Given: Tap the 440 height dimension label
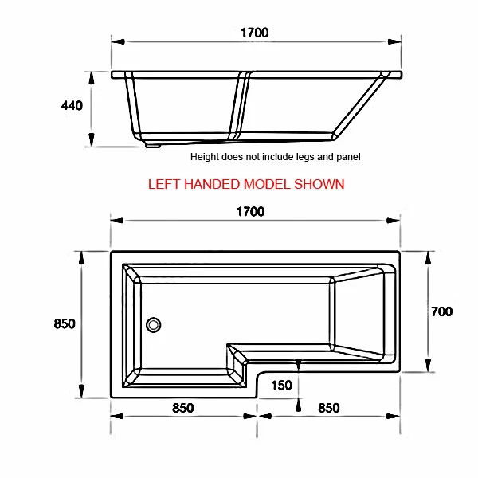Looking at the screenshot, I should tap(72, 106).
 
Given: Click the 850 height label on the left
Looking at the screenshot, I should tap(65, 323).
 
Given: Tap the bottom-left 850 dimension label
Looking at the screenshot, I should tap(182, 408).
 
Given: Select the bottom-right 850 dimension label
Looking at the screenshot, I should tap(328, 408).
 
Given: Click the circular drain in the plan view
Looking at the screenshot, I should tap(154, 324).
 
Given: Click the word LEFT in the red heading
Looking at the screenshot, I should tap(164, 184).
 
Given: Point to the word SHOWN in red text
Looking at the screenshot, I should tap(319, 184).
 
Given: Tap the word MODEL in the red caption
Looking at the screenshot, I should tap(266, 184).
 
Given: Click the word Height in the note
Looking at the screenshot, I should tap(206, 157).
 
